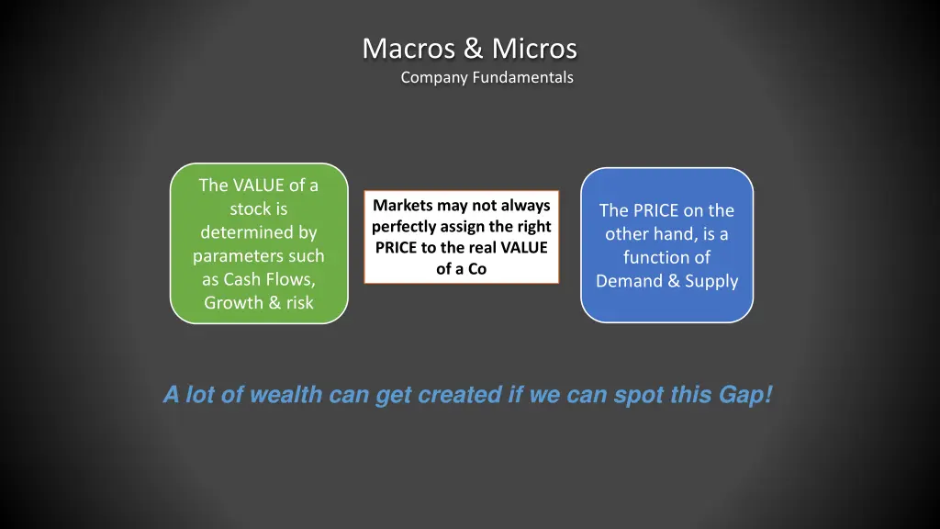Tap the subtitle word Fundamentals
pos(522,78)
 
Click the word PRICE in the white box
pos(396,248)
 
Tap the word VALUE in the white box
pos(524,248)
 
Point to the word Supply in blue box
pos(711,281)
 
